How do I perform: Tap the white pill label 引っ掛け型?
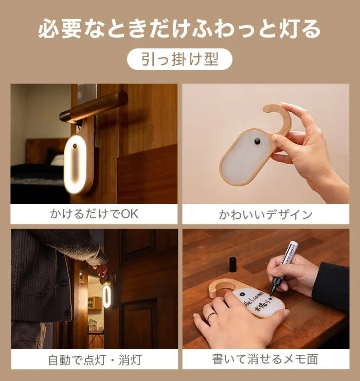(x=179, y=59)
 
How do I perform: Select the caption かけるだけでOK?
(x=94, y=214)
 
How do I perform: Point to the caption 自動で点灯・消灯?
(x=94, y=358)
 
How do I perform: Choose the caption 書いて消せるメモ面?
(x=265, y=358)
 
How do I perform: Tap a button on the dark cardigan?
(x=64, y=282)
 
